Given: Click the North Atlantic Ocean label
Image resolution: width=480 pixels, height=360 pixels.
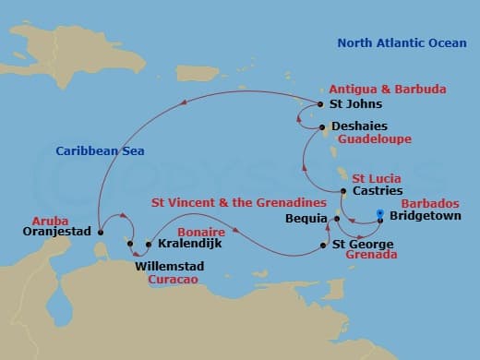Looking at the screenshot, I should (x=402, y=42).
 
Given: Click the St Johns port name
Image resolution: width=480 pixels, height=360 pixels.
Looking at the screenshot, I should (x=354, y=105).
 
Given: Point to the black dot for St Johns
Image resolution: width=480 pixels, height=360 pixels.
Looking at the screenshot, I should (x=320, y=104).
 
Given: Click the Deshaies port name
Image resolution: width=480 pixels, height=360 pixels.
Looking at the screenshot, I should (x=361, y=126).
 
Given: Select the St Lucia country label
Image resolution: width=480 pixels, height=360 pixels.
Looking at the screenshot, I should (x=376, y=176).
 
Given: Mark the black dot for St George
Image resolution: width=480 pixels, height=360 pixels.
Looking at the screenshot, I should (x=323, y=245).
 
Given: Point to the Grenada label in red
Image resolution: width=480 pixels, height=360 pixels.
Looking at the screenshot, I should (x=371, y=255).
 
